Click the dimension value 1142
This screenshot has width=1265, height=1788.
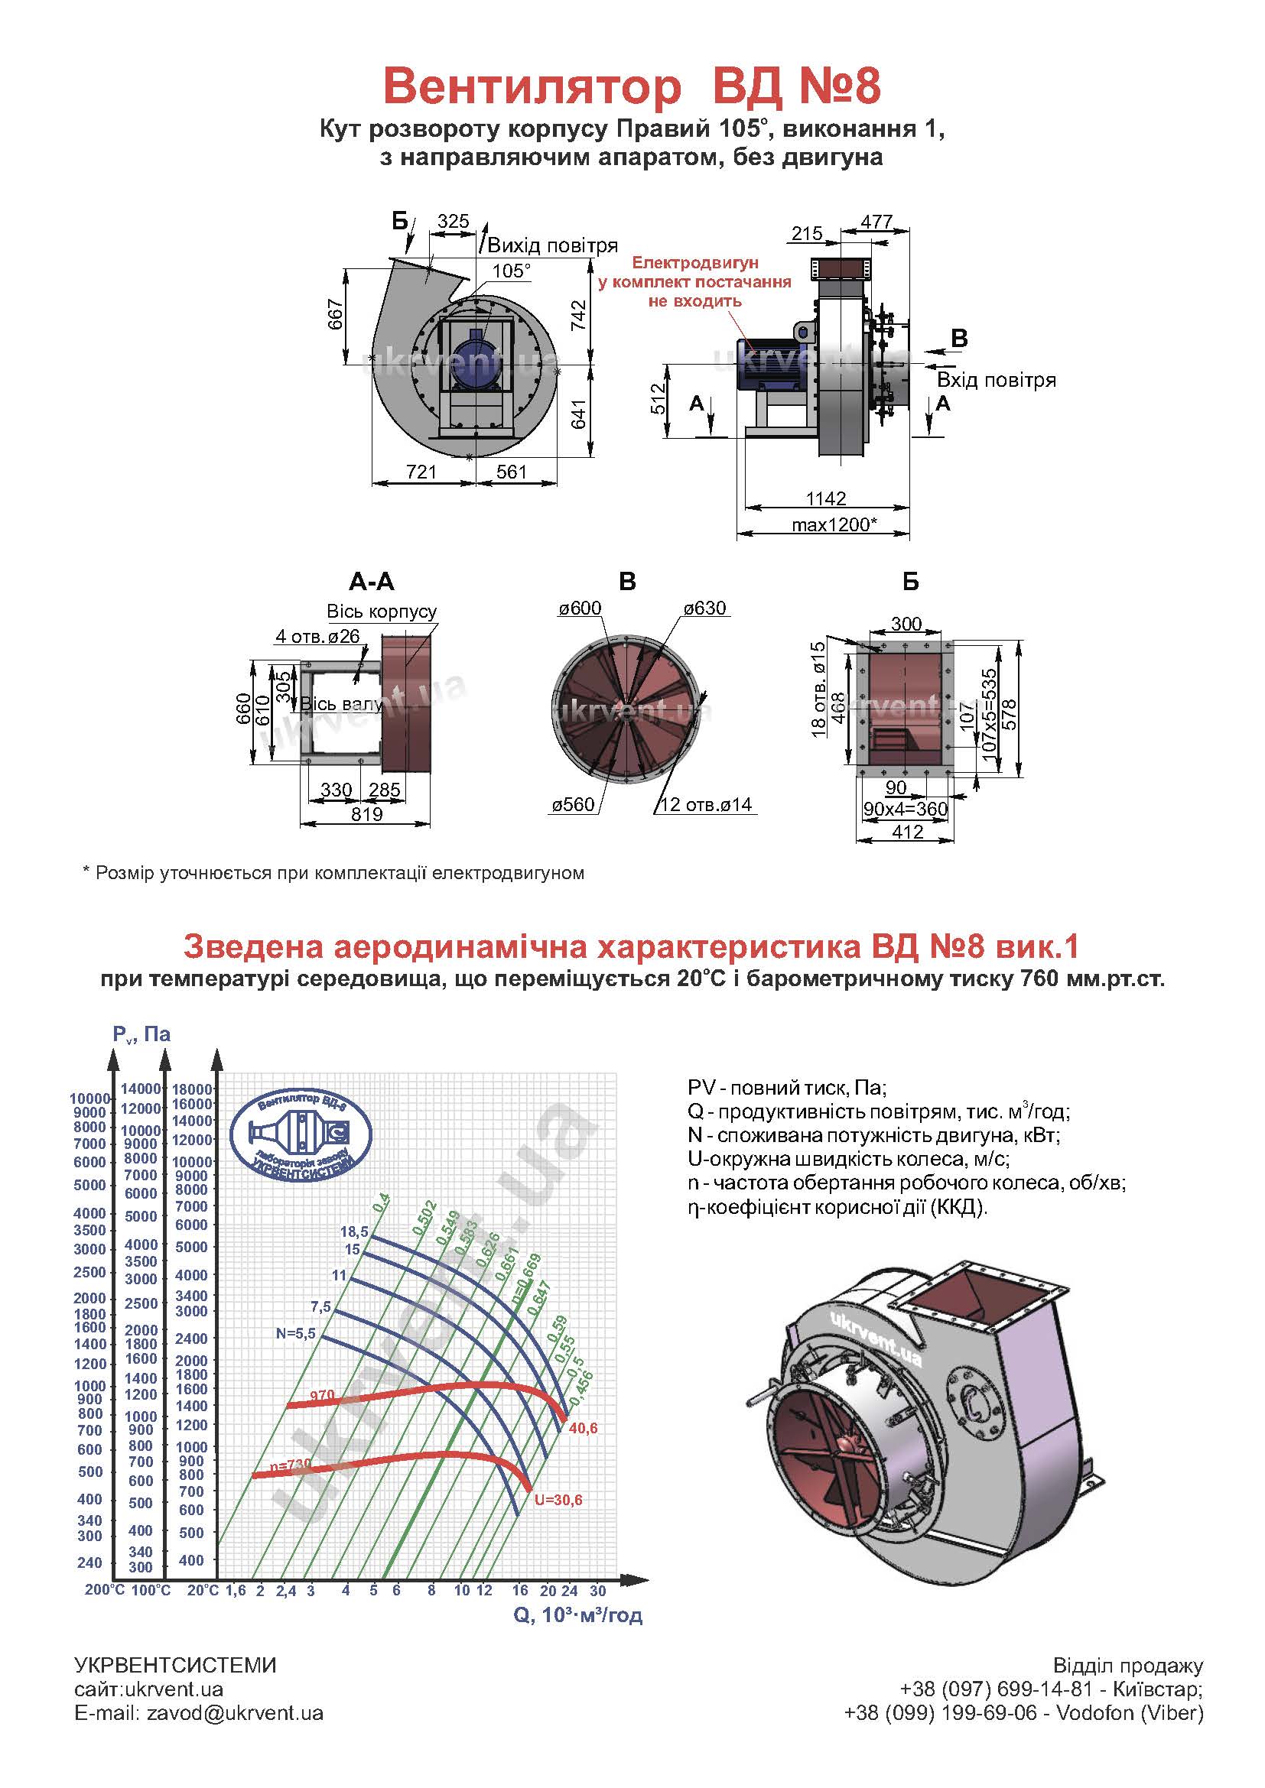pyautogui.click(x=826, y=498)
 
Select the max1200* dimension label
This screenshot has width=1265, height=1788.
pyautogui.click(x=834, y=524)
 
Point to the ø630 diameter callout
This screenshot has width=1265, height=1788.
pyautogui.click(x=704, y=608)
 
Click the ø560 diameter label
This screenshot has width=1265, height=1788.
pyautogui.click(x=574, y=804)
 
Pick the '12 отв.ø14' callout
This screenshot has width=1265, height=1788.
pyautogui.click(x=707, y=804)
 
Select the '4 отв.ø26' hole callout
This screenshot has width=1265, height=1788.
pyautogui.click(x=318, y=636)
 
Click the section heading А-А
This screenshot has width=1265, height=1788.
pyautogui.click(x=372, y=582)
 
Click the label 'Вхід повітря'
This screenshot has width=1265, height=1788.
pyautogui.click(x=997, y=380)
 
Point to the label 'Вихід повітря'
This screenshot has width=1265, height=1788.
pyautogui.click(x=552, y=246)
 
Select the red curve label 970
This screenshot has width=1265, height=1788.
pyautogui.click(x=322, y=1397)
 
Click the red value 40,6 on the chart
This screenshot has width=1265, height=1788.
pyautogui.click(x=583, y=1428)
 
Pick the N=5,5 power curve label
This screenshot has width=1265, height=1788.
pyautogui.click(x=295, y=1333)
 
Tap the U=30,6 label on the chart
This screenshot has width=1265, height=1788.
pyautogui.click(x=558, y=1500)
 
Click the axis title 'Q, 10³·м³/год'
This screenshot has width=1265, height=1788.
pyautogui.click(x=577, y=1615)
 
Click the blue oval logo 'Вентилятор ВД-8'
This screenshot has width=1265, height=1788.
pyautogui.click(x=301, y=1131)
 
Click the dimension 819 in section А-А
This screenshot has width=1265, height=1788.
pyautogui.click(x=367, y=814)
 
